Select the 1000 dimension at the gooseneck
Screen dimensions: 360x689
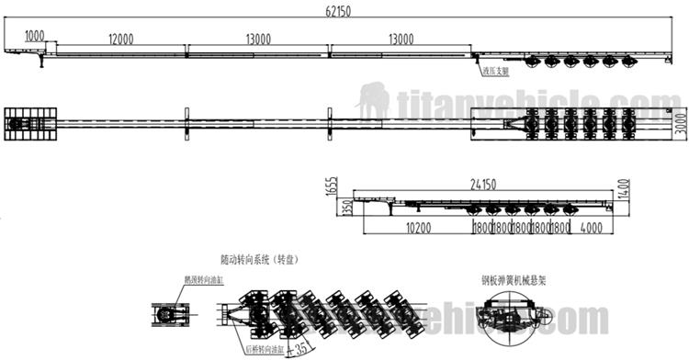point(35,36)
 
